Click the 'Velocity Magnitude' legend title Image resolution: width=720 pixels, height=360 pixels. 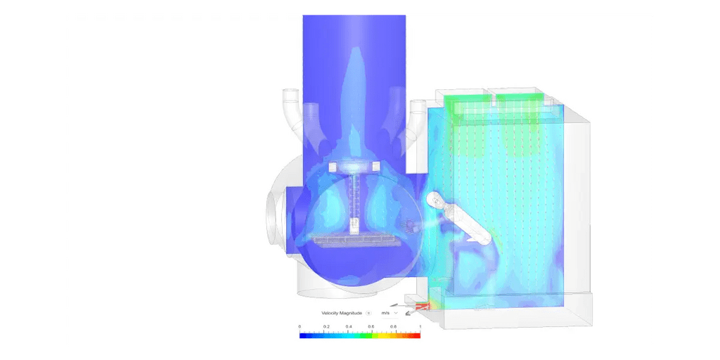click(342, 313)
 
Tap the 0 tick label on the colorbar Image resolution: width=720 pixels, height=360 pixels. click(300, 326)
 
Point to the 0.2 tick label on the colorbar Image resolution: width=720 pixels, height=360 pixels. click(326, 326)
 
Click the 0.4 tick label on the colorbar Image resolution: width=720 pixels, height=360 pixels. click(349, 326)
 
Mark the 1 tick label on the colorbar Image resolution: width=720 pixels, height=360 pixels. click(419, 326)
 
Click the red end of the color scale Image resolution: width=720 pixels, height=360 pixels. click(416, 335)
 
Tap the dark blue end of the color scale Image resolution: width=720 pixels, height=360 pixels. click(304, 335)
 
